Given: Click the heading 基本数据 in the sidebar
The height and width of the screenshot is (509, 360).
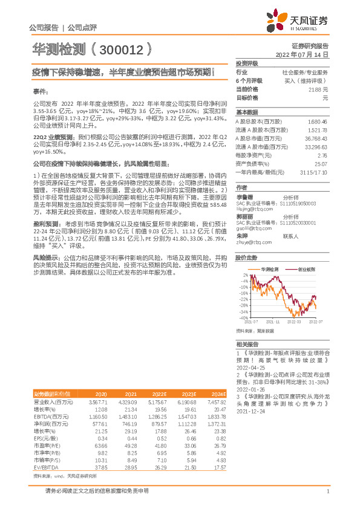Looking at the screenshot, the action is click(x=246, y=112).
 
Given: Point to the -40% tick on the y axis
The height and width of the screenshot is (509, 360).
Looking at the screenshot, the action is click(x=243, y=318).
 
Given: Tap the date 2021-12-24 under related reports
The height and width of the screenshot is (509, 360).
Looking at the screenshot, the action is click(x=252, y=410).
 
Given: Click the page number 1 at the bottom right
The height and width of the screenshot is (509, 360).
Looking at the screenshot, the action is click(x=327, y=491).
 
